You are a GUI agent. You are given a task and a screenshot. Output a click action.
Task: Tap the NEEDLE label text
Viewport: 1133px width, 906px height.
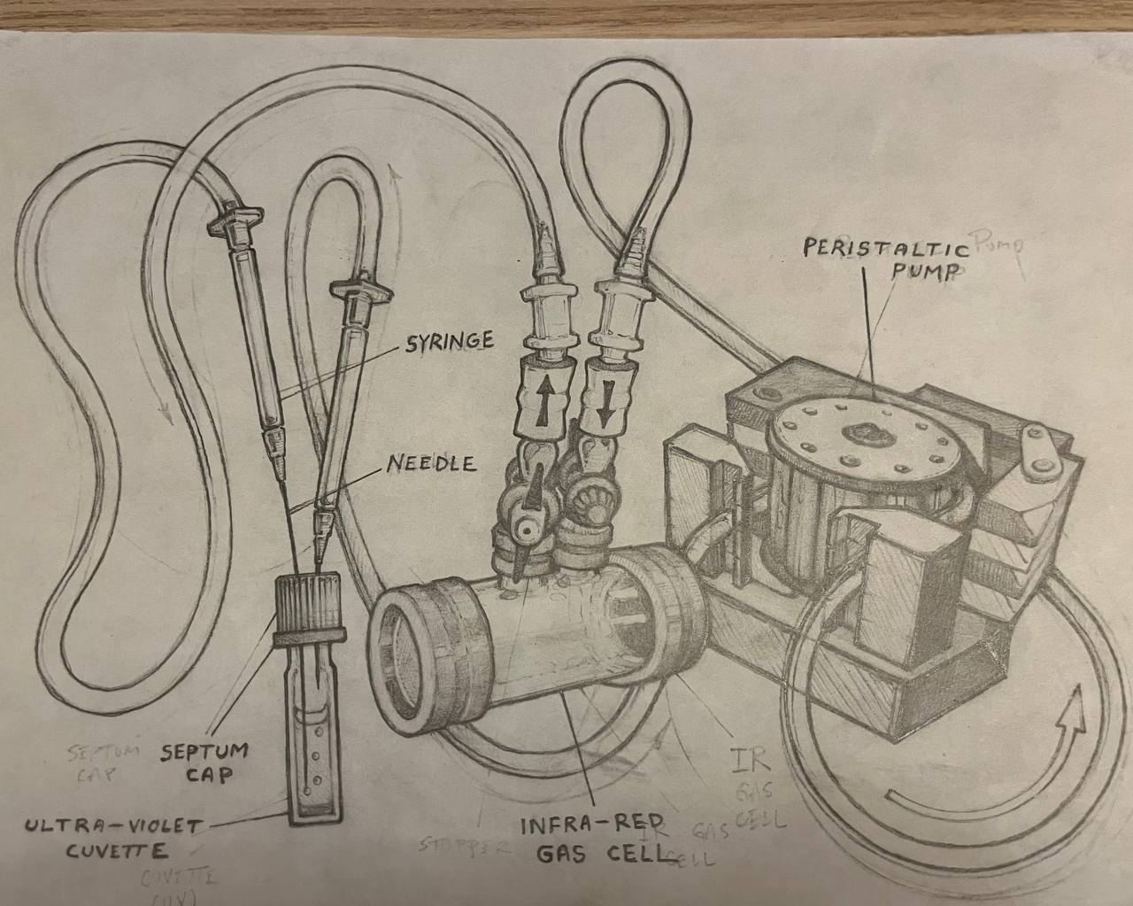pyautogui.click(x=431, y=463)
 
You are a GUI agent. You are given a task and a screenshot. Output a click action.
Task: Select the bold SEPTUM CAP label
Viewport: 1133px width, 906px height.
pyautogui.click(x=205, y=762)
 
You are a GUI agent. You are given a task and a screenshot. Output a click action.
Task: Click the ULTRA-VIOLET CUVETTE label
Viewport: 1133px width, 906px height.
pyautogui.click(x=113, y=838)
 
